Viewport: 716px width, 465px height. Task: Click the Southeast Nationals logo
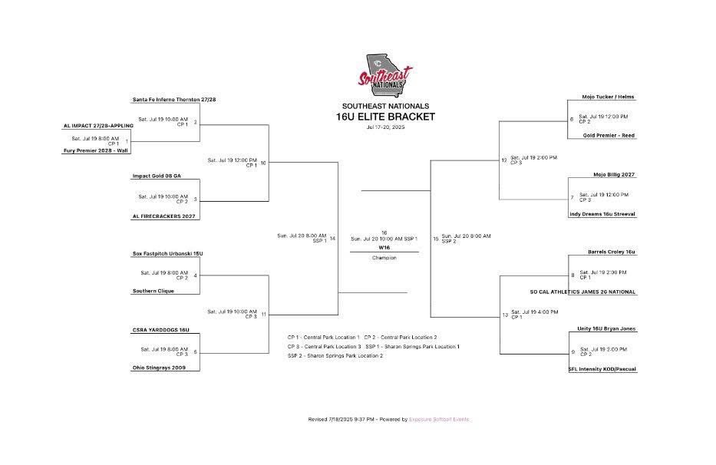(385, 75)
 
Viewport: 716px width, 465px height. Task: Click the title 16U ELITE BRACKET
(385, 117)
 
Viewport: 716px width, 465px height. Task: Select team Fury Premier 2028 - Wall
(95, 151)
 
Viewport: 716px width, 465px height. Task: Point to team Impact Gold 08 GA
(157, 176)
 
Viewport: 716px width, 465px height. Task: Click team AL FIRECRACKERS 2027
(164, 216)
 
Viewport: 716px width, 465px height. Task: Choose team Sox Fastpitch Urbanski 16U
(167, 253)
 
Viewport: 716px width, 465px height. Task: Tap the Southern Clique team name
(153, 292)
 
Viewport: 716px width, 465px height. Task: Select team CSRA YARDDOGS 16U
(160, 330)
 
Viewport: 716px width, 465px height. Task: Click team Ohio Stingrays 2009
(159, 368)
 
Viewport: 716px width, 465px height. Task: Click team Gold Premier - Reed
(609, 136)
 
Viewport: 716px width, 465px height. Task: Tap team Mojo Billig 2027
(614, 175)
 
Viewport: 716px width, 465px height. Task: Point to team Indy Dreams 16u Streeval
(602, 214)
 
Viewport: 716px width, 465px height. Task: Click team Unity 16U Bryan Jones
(606, 329)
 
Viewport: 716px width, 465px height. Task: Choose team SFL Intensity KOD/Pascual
(602, 369)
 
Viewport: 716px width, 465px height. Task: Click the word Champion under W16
(384, 258)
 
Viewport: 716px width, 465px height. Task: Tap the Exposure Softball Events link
(439, 420)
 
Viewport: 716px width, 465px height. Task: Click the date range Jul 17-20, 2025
(385, 127)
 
